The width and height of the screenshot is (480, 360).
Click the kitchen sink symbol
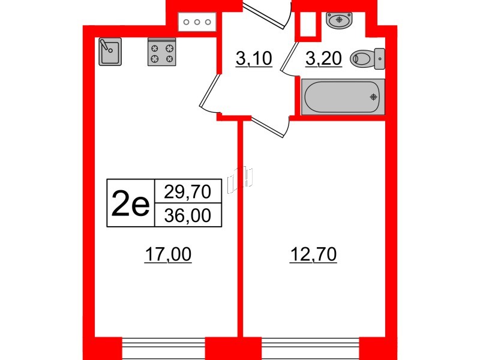tap(110, 52)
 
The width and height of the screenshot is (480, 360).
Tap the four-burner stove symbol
tap(161, 52)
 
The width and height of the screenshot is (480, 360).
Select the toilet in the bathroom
tap(367, 58)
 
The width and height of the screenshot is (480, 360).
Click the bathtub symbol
tap(343, 97)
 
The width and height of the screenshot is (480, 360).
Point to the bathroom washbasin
tap(339, 20)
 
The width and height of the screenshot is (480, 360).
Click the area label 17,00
tap(168, 254)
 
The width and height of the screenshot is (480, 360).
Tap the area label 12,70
tap(313, 254)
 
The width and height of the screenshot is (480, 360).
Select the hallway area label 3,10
tap(254, 58)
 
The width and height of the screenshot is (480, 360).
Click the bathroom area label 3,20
tap(323, 58)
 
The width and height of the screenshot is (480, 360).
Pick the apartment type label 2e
tap(130, 202)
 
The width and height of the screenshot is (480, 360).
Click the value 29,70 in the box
tap(188, 191)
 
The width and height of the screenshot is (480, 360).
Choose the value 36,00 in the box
tap(188, 215)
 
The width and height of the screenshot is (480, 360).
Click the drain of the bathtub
tap(373, 97)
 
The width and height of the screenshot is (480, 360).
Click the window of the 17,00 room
tap(163, 349)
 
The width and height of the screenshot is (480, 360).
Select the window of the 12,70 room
tap(310, 349)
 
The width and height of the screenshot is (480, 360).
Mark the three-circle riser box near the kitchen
tap(197, 22)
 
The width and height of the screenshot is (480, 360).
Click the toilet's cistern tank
tap(380, 58)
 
